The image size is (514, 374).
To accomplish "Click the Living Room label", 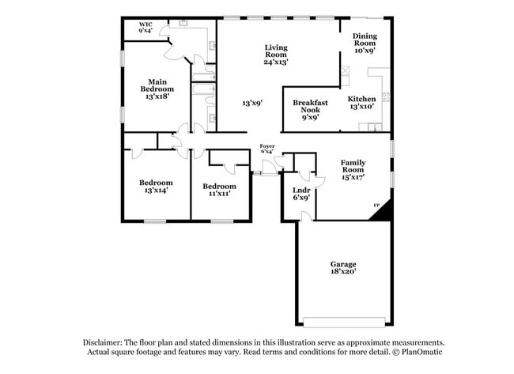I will pos(275,53).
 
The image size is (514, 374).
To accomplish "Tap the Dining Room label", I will pos(365,42).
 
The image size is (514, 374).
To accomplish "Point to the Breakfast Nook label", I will pos(311,108).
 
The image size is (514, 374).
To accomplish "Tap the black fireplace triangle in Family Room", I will pos(384,210).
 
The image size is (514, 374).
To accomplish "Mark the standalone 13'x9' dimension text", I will pos(252,103).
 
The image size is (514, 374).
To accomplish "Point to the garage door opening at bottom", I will pos(346,323).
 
